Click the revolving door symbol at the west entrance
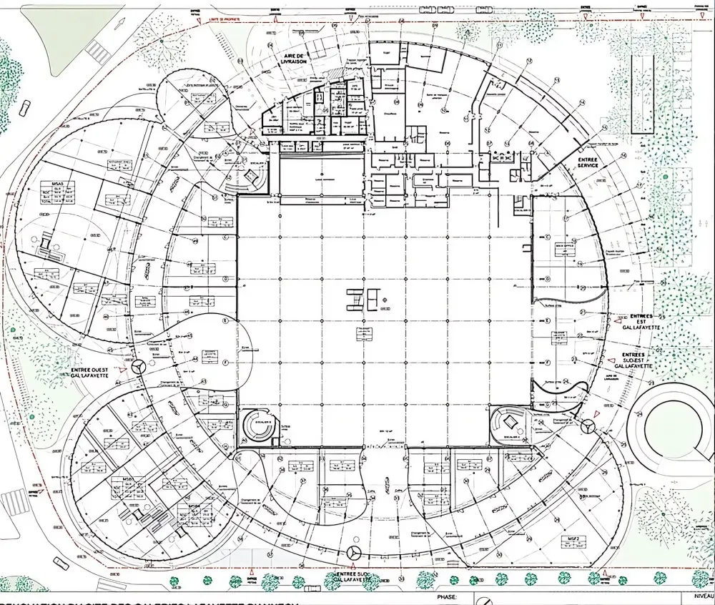139,366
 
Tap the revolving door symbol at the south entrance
353,552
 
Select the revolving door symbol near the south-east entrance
588,427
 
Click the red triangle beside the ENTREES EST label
612,323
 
